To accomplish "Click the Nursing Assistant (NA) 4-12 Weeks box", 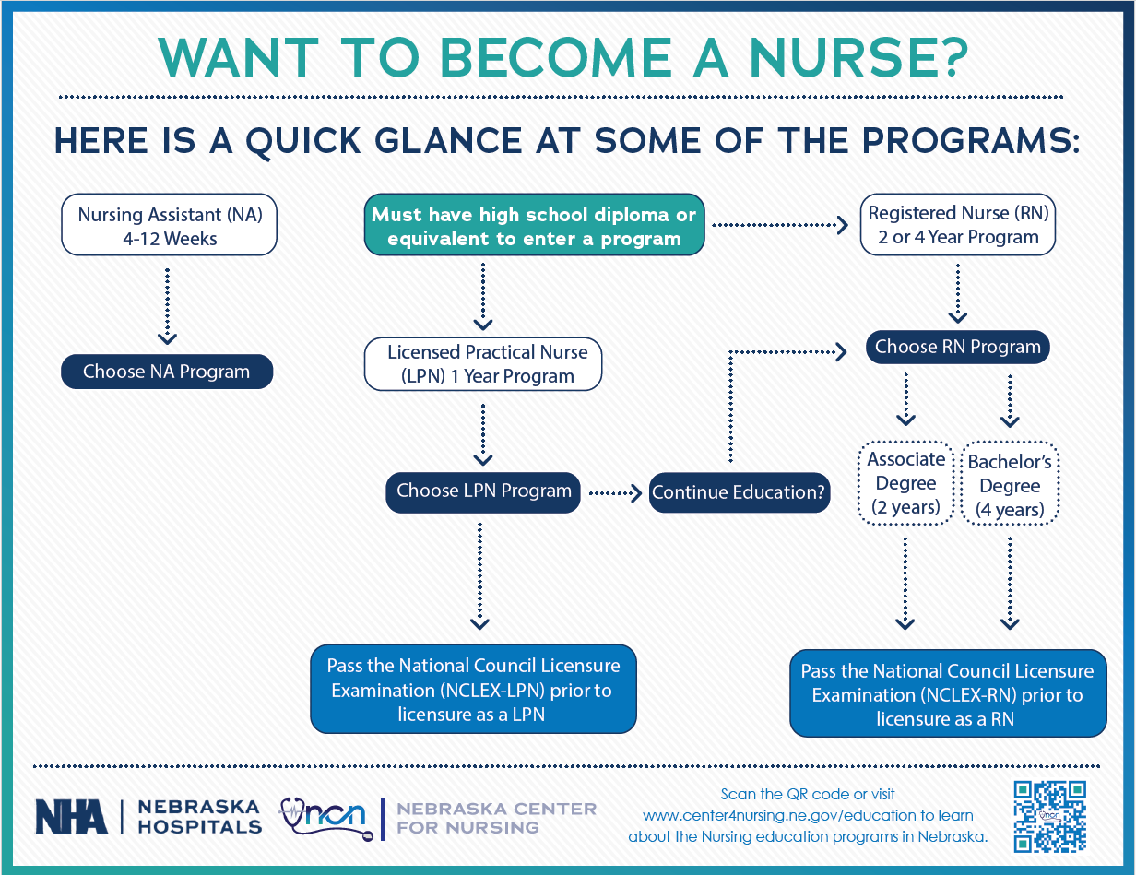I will point(169,226).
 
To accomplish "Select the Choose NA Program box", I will point(167,372).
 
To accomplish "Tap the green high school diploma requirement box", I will point(534,226).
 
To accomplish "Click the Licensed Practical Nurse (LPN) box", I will point(483,364).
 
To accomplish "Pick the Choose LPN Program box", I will point(483,491).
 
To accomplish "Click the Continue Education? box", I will point(739,492).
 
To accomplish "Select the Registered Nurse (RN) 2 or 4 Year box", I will point(958,225).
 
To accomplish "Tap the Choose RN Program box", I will point(957,347).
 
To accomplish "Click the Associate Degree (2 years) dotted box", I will point(905,483).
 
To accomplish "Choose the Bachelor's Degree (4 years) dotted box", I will point(1010,485).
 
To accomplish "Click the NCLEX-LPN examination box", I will point(474,690).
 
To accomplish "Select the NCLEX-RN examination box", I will point(947,695).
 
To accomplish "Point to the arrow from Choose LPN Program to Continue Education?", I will point(615,493).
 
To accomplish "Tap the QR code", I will point(1049,816).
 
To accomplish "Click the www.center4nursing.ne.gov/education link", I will point(779,815).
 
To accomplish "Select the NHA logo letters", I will point(71,816).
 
